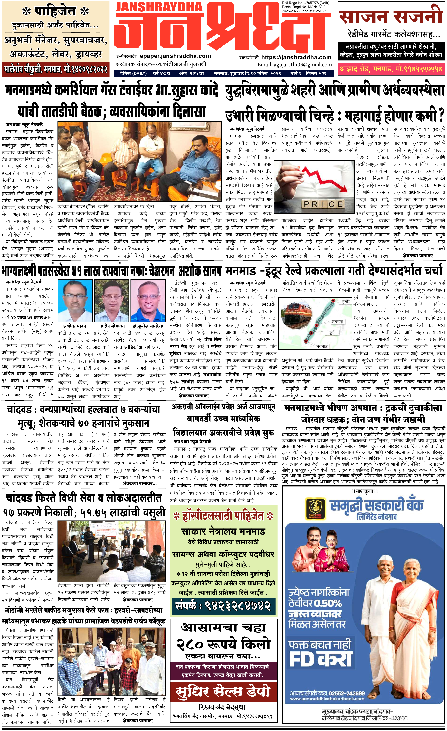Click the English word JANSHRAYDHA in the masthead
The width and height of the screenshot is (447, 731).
click(159, 7)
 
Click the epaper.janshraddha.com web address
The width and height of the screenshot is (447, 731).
click(175, 56)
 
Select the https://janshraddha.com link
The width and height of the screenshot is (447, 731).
click(296, 57)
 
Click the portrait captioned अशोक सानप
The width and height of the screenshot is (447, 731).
click(75, 300)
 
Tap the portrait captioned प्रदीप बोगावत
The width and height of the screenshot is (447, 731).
click(111, 300)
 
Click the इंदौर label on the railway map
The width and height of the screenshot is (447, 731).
click(346, 302)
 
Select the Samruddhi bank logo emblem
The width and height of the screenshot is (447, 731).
click(315, 509)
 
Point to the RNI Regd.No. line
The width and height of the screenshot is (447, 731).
click(306, 3)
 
